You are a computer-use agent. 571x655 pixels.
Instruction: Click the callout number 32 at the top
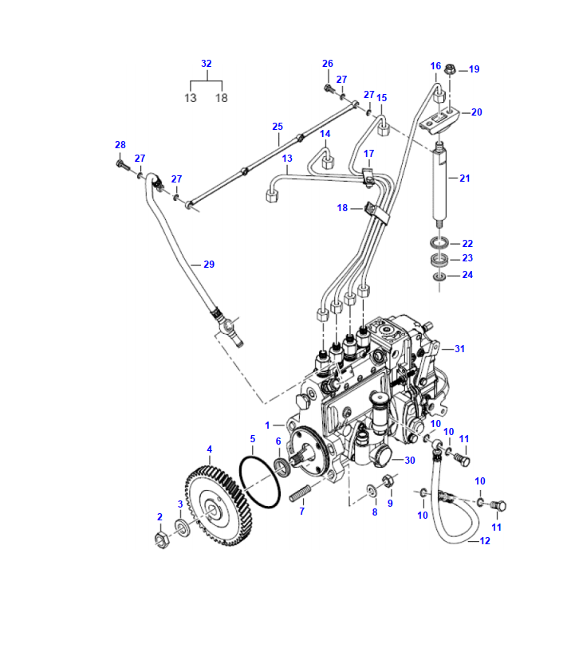pyautogui.click(x=207, y=64)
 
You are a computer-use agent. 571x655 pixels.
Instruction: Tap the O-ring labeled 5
pyautogui.click(x=261, y=482)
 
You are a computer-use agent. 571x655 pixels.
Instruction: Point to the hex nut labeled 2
pyautogui.click(x=161, y=539)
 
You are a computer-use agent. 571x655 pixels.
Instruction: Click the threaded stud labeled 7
pyautogui.click(x=297, y=495)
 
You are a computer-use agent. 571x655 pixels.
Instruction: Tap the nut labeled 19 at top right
pyautogui.click(x=450, y=69)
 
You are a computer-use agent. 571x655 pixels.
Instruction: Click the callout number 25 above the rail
pyautogui.click(x=278, y=127)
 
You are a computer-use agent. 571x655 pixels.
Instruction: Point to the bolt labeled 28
pyautogui.click(x=120, y=164)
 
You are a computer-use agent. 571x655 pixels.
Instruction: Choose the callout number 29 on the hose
pyautogui.click(x=208, y=264)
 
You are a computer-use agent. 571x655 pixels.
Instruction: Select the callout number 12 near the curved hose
pyautogui.click(x=484, y=541)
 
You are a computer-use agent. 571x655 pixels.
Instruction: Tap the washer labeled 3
pyautogui.click(x=183, y=528)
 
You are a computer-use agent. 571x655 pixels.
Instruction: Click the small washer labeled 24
pyautogui.click(x=439, y=276)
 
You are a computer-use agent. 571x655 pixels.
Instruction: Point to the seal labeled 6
pyautogui.click(x=282, y=466)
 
